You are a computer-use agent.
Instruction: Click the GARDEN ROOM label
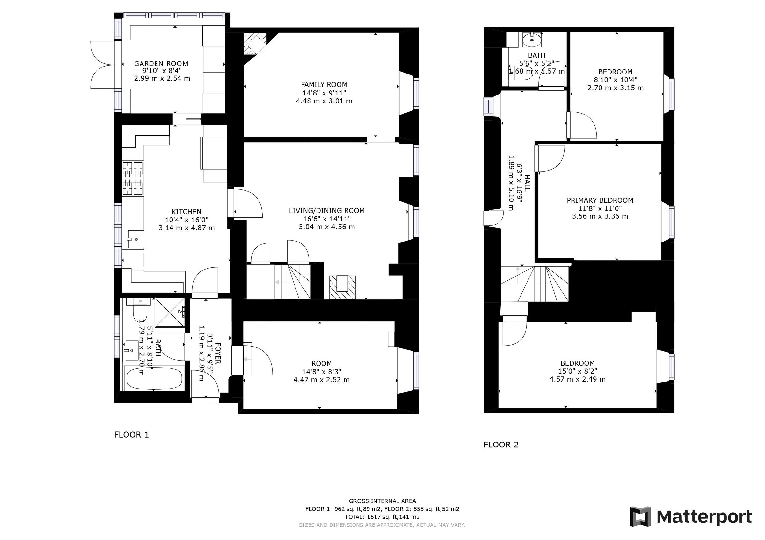161,64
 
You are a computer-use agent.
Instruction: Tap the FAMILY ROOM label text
324,85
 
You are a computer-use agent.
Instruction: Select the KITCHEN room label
186,212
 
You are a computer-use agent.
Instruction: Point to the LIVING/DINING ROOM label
326,211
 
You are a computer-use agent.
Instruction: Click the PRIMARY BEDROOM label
600,200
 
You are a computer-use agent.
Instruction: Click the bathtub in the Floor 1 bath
154,378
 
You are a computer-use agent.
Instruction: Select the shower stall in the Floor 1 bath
170,313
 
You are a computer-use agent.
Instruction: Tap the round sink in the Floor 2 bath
531,41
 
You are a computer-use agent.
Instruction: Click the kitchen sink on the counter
135,239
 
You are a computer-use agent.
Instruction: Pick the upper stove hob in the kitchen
133,168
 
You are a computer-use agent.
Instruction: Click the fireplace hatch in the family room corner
255,44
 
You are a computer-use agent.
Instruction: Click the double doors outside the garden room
102,65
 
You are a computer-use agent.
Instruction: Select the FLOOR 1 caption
131,435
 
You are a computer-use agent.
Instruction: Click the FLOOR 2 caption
501,445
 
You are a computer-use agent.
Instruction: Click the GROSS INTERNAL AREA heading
382,501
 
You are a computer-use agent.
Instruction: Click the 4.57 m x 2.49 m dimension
577,379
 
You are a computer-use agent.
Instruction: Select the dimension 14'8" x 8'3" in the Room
322,372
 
